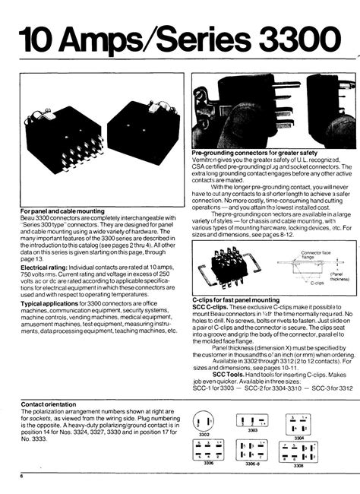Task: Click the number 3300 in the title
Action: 292,38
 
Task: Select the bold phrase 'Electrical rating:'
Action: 46,268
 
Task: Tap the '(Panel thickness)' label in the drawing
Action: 339,277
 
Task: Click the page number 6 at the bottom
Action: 22,477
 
